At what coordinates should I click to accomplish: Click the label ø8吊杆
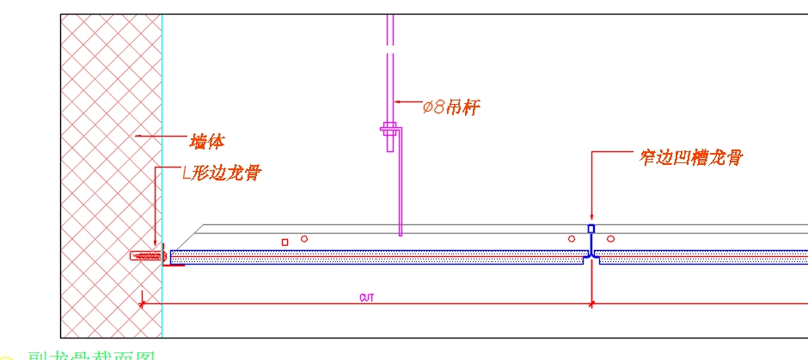(x=451, y=107)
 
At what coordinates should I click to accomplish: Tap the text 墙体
(x=207, y=140)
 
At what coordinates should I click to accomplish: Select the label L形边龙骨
(x=222, y=173)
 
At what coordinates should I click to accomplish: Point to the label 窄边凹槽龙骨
(x=690, y=157)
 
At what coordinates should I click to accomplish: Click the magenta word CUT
(x=367, y=297)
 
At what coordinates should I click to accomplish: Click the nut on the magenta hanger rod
(x=389, y=131)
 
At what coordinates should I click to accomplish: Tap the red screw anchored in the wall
(x=146, y=256)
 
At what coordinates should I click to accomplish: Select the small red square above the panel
(x=285, y=241)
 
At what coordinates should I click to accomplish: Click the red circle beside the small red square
(x=303, y=238)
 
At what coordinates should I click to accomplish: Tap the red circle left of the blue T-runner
(x=572, y=238)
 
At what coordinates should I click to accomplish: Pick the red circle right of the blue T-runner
(x=610, y=238)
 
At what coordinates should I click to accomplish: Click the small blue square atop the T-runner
(x=591, y=229)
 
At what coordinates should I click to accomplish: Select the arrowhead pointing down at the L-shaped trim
(x=155, y=245)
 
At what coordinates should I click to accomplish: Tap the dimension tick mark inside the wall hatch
(x=142, y=302)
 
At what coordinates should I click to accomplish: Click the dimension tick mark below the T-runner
(x=591, y=302)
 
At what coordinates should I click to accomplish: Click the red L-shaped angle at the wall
(x=173, y=265)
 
